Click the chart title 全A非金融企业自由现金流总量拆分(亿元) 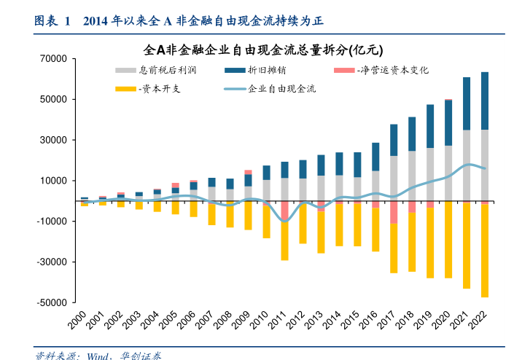pyautogui.click(x=263, y=51)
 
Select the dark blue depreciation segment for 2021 pyautogui.click(x=467, y=103)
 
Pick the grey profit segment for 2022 pyautogui.click(x=485, y=165)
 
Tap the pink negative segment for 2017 pyautogui.click(x=394, y=212)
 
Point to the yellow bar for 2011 pyautogui.click(x=284, y=241)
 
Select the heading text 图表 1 pyautogui.click(x=52, y=21)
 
